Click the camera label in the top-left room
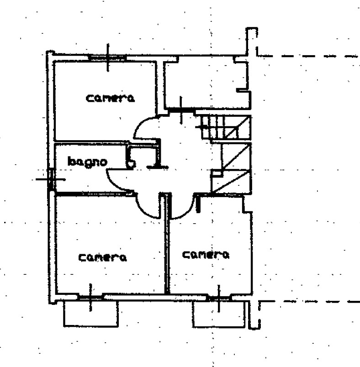click(111, 98)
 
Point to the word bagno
click(87, 161)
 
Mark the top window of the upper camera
click(107, 58)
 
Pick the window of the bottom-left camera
click(90, 297)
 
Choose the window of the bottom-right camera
click(218, 298)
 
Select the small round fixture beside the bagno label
click(131, 163)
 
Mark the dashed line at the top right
click(311, 56)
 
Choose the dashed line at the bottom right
click(311, 301)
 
